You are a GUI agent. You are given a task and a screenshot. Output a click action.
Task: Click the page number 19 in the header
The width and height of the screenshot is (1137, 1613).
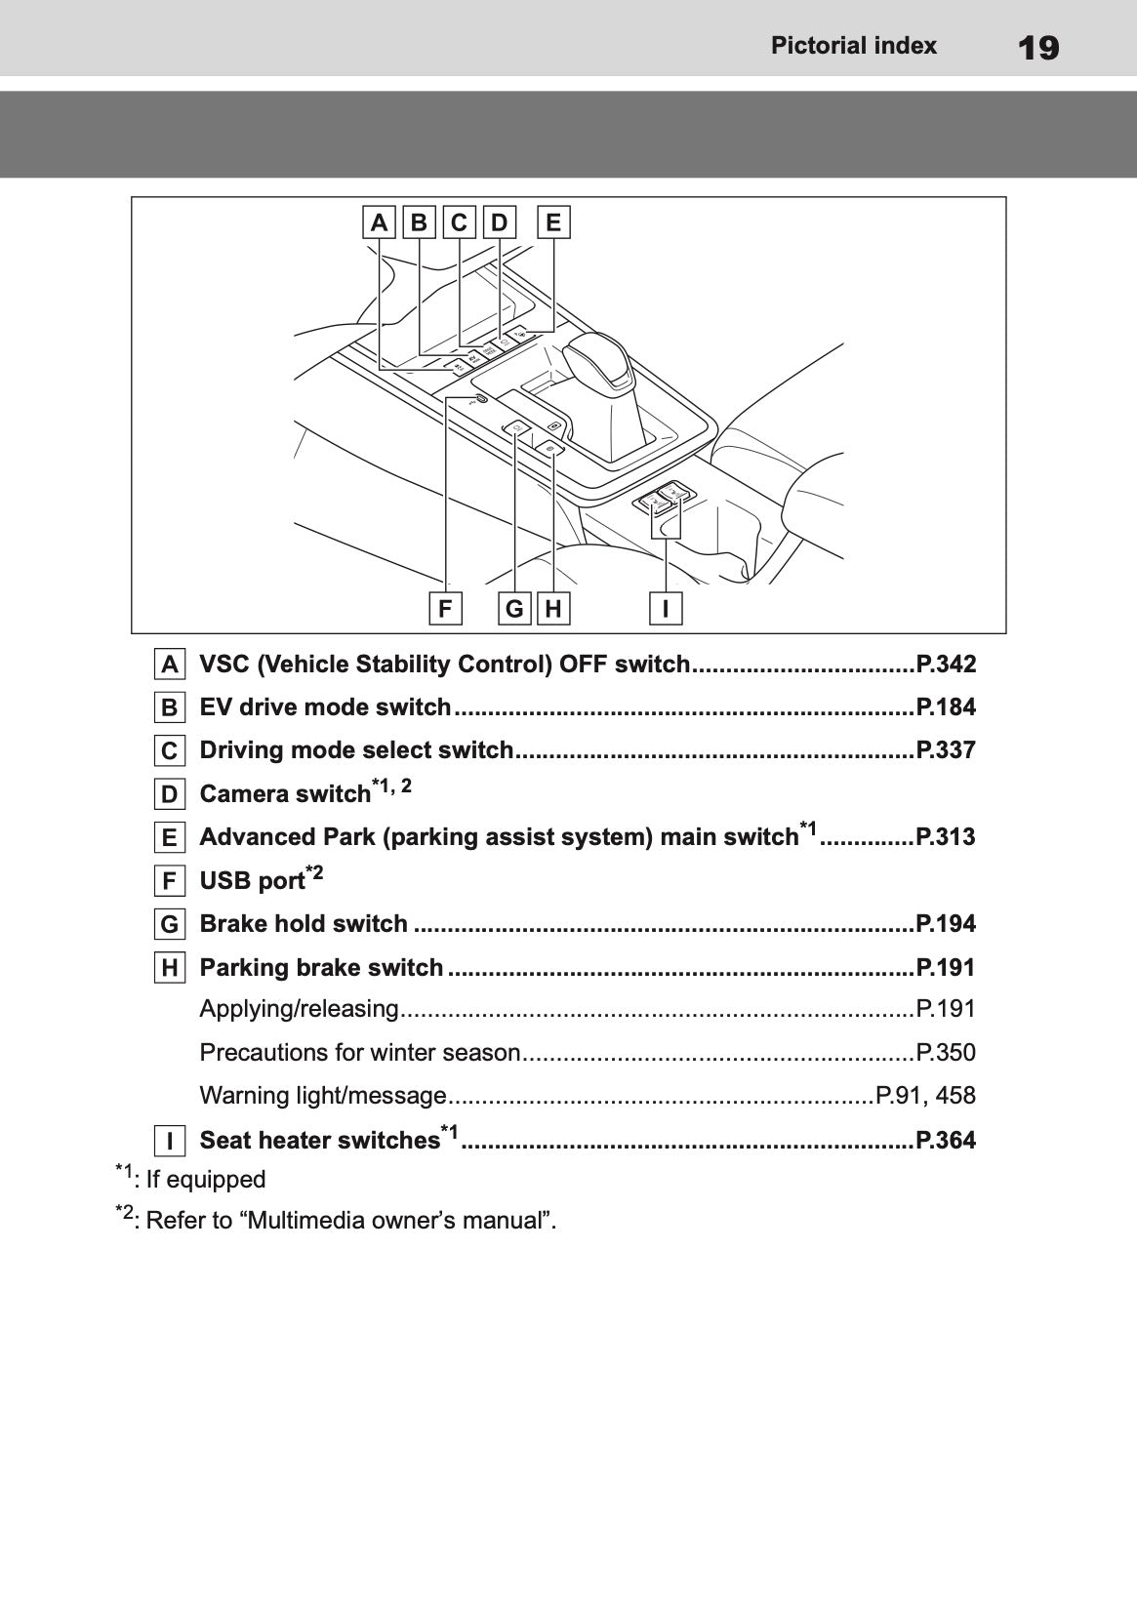pyautogui.click(x=1037, y=47)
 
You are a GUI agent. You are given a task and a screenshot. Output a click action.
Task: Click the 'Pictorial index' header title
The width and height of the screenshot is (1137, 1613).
pyautogui.click(x=853, y=46)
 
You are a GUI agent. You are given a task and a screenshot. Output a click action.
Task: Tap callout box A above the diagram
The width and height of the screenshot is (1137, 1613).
pyautogui.click(x=379, y=222)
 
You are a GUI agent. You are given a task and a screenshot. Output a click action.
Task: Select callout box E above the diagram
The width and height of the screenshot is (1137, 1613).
pyautogui.click(x=553, y=222)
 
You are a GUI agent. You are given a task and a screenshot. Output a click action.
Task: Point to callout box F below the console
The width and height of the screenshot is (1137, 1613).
pyautogui.click(x=445, y=609)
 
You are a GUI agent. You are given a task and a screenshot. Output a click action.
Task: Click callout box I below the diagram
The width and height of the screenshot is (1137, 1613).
pyautogui.click(x=666, y=609)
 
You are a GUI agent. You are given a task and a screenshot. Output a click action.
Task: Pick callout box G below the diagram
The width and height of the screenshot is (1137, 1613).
pyautogui.click(x=514, y=609)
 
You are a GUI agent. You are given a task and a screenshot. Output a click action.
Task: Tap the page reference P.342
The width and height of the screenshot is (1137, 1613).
pyautogui.click(x=945, y=665)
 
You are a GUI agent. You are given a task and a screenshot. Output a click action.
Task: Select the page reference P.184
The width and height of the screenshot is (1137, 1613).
pyautogui.click(x=945, y=707)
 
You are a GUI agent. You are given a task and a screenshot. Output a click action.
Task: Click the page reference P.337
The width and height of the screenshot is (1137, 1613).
pyautogui.click(x=945, y=750)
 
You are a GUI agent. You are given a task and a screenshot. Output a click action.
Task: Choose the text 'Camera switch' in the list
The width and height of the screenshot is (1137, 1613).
pyautogui.click(x=285, y=794)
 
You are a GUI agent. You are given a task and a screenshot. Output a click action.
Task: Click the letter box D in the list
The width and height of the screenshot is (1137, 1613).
pyautogui.click(x=170, y=794)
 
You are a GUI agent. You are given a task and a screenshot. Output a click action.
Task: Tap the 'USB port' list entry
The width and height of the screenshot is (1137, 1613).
pyautogui.click(x=252, y=881)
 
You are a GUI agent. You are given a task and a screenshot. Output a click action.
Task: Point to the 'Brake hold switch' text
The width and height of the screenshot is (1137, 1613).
pyautogui.click(x=303, y=924)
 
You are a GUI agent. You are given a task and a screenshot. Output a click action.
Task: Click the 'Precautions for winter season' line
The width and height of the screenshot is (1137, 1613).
pyautogui.click(x=359, y=1053)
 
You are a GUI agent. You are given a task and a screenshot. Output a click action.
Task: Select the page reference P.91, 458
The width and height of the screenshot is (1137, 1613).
pyautogui.click(x=925, y=1096)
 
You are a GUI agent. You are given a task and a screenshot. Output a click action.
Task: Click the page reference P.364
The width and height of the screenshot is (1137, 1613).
pyautogui.click(x=945, y=1140)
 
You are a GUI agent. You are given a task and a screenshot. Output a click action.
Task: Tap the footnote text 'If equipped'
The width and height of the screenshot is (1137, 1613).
pyautogui.click(x=205, y=1180)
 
